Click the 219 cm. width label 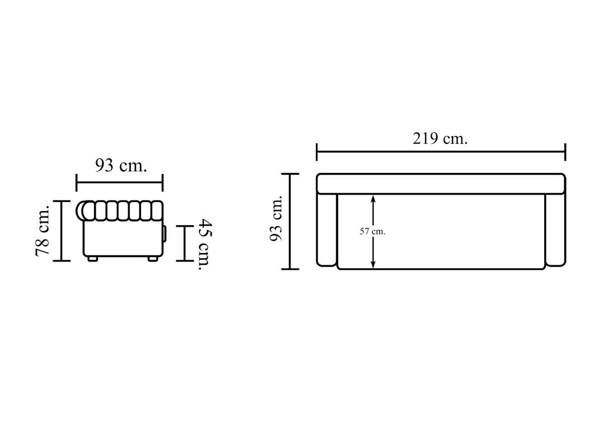(440, 138)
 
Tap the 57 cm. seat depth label (372, 231)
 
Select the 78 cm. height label (43, 231)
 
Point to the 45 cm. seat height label (205, 244)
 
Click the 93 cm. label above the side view (121, 166)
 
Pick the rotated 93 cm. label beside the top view (276, 219)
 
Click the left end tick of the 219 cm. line (317, 152)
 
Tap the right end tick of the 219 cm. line (565, 152)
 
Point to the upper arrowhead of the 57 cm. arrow (373, 198)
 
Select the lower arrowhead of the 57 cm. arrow (373, 264)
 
